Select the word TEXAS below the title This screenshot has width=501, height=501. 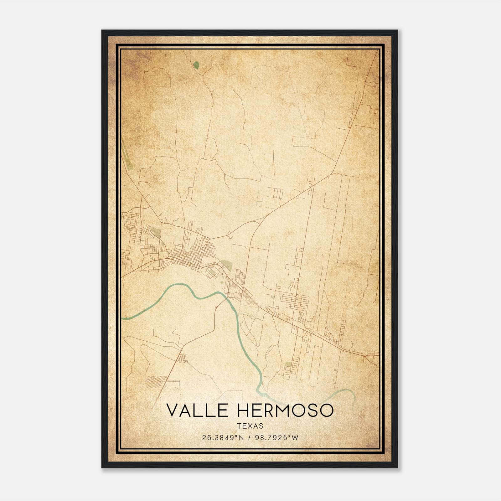click(x=250, y=426)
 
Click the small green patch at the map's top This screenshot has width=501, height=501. click(x=196, y=65)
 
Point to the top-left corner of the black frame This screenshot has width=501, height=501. click(x=102, y=30)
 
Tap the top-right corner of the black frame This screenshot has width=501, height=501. click(x=398, y=30)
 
